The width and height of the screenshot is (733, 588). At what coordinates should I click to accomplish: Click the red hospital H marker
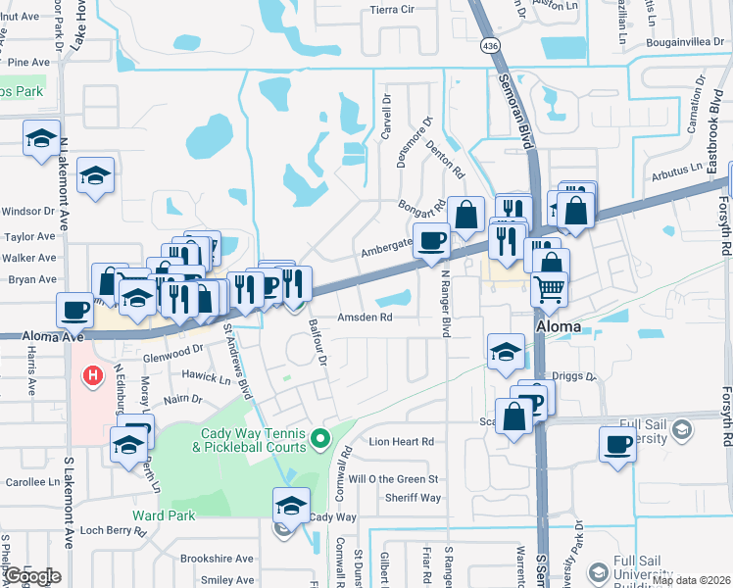coord(93,375)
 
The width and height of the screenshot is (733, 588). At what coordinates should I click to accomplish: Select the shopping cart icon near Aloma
coord(551,288)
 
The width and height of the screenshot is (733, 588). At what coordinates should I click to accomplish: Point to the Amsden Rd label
coord(365,318)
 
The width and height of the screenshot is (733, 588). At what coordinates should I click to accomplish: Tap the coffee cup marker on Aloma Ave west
coord(75,311)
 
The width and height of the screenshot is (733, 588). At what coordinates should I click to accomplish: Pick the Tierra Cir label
coord(392,10)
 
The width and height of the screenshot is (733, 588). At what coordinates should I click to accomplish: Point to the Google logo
coord(31,576)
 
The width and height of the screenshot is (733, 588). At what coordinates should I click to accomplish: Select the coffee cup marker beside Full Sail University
coord(617,443)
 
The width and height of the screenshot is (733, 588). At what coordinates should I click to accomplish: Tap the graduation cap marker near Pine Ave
coord(41,138)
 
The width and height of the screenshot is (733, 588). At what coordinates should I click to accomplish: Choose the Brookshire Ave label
coord(216,558)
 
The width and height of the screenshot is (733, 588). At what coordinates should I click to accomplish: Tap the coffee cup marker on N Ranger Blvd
coord(431,240)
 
